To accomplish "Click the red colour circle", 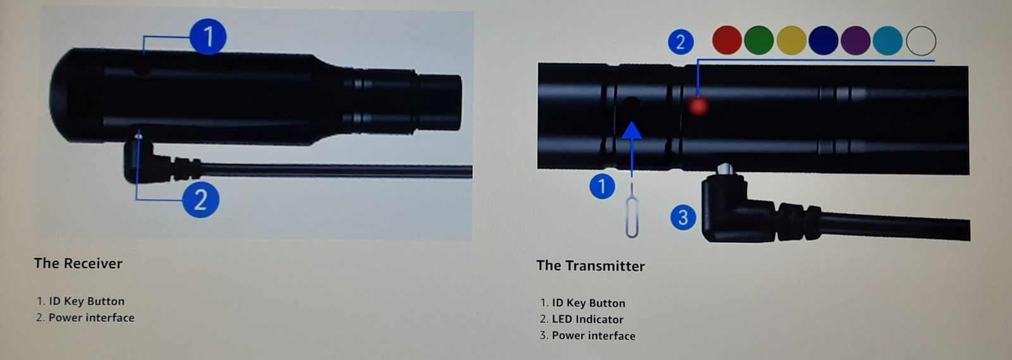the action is tap(727, 40).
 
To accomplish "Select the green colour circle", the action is tap(758, 40).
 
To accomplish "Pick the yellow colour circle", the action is tap(791, 40).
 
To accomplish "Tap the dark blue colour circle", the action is tap(823, 40).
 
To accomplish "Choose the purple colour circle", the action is tap(855, 40).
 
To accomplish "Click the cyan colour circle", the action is tap(888, 40).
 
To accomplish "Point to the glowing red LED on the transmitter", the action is tap(698, 106).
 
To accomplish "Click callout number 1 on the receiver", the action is tap(208, 37).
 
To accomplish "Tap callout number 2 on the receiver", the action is tap(201, 200).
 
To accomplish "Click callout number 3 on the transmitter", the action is tap(683, 217).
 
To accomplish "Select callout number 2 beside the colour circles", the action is tap(681, 42).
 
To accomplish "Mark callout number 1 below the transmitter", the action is tap(602, 187).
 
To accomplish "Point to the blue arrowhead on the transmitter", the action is tap(632, 130).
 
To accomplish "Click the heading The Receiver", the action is tap(78, 263).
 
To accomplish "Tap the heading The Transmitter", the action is tap(590, 266).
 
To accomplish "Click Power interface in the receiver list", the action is tap(91, 318).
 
